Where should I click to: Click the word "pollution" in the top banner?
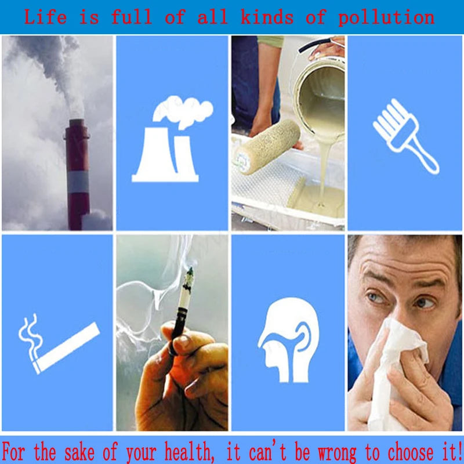click(x=386, y=17)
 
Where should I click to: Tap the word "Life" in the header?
click(x=45, y=17)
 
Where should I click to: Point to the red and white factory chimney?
click(x=77, y=175)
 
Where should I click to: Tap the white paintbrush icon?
click(x=405, y=136)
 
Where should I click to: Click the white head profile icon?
click(x=288, y=340)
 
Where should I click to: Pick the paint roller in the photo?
click(x=266, y=147)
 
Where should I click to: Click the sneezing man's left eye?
click(x=425, y=302)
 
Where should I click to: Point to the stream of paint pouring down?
click(x=324, y=172)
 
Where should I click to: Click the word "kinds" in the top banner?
click(x=267, y=17)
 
